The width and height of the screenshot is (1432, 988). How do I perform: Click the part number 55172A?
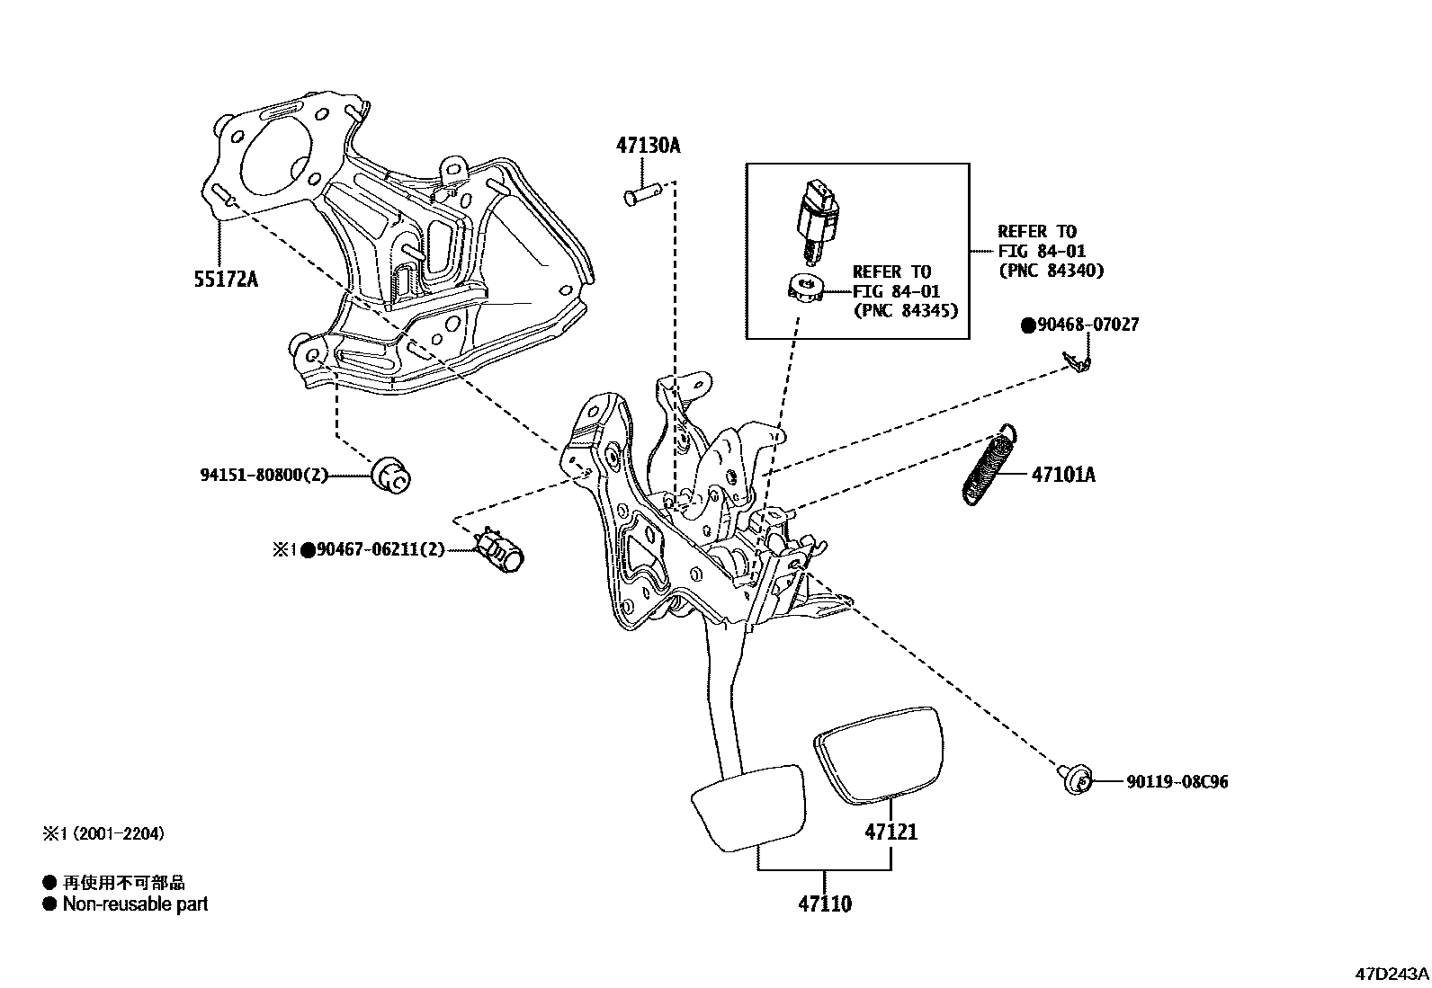pos(226,279)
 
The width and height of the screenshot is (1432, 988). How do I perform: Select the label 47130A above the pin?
pos(648,145)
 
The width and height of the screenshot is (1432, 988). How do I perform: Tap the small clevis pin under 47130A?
pos(644,191)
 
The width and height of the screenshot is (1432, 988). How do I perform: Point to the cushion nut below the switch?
pos(805,290)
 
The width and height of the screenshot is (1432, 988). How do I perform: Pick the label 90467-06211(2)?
pos(381,548)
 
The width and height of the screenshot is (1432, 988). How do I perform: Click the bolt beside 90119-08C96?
pos(1074,779)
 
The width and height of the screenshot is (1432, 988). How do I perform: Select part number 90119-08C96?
pos(1177,782)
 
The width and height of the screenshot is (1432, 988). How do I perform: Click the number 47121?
pos(891,832)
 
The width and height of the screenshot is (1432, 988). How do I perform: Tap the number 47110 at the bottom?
pos(824,903)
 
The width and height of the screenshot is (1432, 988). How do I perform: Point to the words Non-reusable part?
pos(135,903)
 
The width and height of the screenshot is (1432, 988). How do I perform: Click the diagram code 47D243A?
pos(1392,974)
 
